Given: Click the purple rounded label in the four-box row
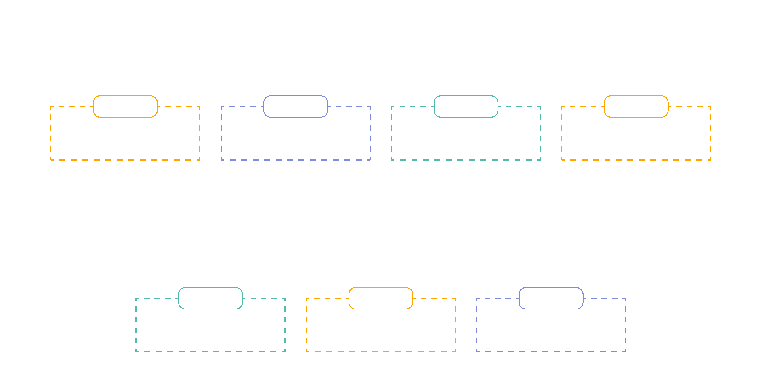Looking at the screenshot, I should tap(295, 106).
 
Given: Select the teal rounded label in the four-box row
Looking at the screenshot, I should tap(466, 106).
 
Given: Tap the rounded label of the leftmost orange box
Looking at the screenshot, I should tap(125, 106).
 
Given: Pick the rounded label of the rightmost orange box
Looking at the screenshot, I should tap(636, 106).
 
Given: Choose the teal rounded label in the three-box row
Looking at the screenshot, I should tap(210, 298).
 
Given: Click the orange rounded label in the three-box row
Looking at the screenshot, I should tap(381, 298).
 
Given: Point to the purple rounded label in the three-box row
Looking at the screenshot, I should tap(551, 298).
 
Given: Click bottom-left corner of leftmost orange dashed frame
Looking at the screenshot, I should tap(51, 160).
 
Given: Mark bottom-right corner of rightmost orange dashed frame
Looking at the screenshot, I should tap(711, 160).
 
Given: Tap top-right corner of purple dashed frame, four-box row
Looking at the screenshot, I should tap(370, 106).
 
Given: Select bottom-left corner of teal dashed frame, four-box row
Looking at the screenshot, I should tap(391, 160).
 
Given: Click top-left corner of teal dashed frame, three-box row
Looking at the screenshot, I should tap(136, 298).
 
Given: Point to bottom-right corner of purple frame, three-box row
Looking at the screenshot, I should tap(626, 352).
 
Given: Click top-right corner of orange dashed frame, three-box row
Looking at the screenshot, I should tap(455, 298).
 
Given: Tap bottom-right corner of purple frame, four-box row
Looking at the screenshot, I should tap(370, 160).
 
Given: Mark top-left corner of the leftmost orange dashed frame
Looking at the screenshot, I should tap(51, 106).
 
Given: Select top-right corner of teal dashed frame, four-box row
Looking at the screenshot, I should tap(540, 106).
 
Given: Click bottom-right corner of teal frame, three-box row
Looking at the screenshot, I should tap(285, 352).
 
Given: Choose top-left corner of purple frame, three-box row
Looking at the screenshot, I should tap(476, 298).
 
